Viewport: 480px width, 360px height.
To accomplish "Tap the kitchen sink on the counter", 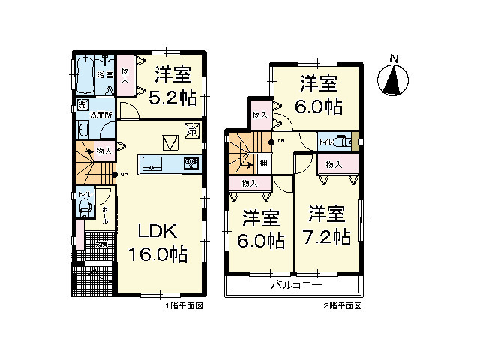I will pyautogui.click(x=149, y=164).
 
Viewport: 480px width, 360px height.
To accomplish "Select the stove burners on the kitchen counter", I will pyautogui.click(x=190, y=164).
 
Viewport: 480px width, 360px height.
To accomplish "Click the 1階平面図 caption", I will pyautogui.click(x=184, y=307).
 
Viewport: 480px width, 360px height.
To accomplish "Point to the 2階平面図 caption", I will pyautogui.click(x=343, y=307).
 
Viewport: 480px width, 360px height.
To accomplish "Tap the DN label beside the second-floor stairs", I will pyautogui.click(x=281, y=141).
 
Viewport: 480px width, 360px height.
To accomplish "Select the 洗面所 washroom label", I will pyautogui.click(x=101, y=115).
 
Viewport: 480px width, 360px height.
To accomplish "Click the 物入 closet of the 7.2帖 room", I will pyautogui.click(x=334, y=165).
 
